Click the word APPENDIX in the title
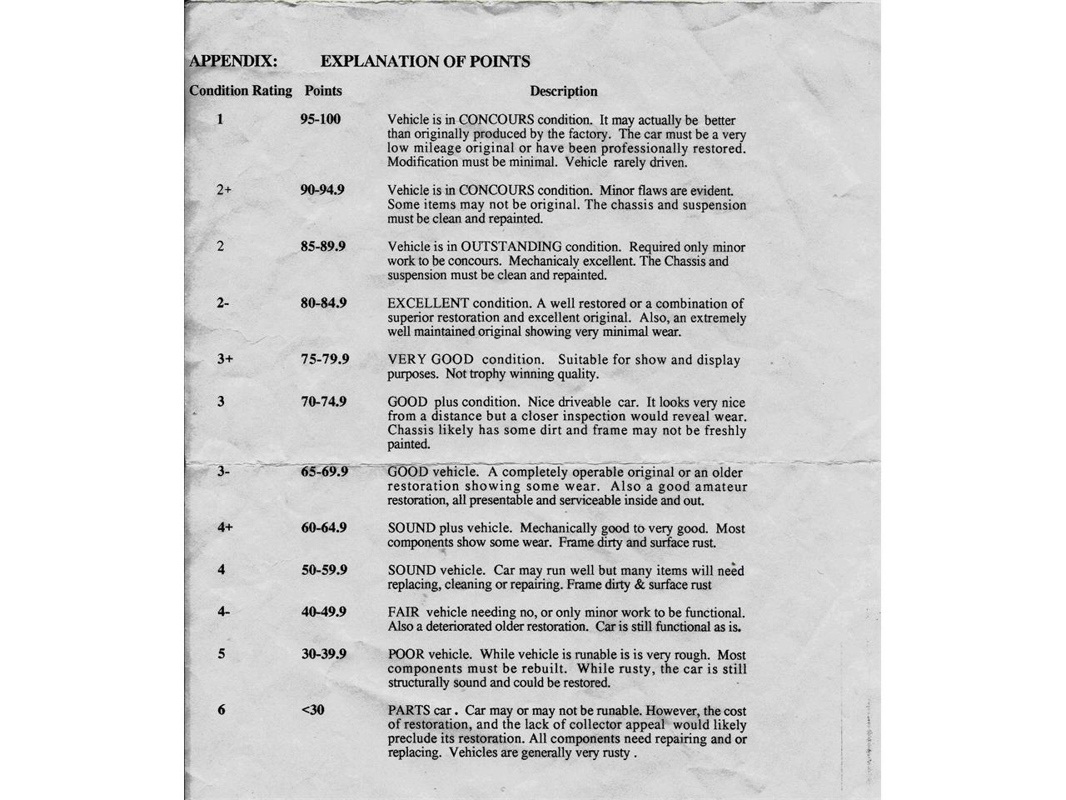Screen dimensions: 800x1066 click(233, 61)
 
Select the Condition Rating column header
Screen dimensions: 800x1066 click(241, 91)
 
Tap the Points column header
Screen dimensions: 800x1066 click(323, 91)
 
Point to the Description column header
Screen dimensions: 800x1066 click(564, 92)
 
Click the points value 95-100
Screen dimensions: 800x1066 click(321, 119)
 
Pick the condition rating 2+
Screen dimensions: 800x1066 click(223, 190)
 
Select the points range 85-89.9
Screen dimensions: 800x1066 click(323, 247)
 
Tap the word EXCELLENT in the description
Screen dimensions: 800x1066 click(428, 303)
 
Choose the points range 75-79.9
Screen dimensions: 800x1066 click(325, 359)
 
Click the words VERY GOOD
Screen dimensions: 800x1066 click(431, 360)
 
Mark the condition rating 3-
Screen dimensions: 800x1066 click(223, 472)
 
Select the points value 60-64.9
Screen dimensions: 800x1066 click(324, 527)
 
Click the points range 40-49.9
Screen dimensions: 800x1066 click(324, 612)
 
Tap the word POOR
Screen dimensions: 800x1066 click(406, 654)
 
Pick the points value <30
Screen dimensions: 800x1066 click(312, 710)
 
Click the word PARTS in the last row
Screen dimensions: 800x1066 click(408, 711)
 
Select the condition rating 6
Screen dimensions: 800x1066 click(221, 710)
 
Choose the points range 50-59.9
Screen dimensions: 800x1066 click(324, 570)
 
